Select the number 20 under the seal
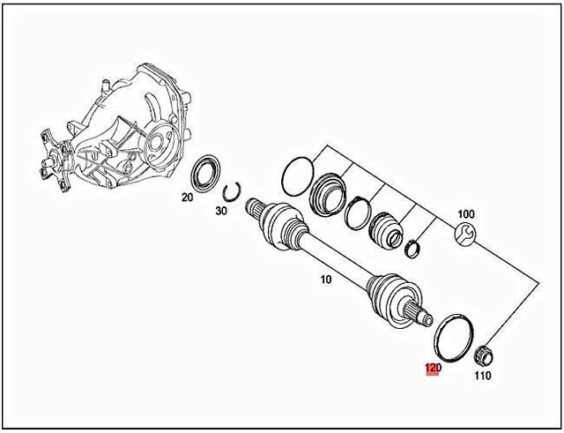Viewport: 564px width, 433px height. pyautogui.click(x=187, y=198)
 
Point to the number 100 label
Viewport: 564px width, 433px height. pyautogui.click(x=465, y=214)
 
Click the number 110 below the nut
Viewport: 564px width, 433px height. pyautogui.click(x=482, y=375)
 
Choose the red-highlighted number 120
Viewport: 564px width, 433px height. pyautogui.click(x=433, y=369)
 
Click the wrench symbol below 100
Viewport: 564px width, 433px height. pyautogui.click(x=466, y=235)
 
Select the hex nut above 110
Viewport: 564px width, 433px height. pyautogui.click(x=483, y=356)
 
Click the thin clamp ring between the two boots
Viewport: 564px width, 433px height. pyautogui.click(x=359, y=212)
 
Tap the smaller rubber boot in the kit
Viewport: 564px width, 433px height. pyautogui.click(x=385, y=228)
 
